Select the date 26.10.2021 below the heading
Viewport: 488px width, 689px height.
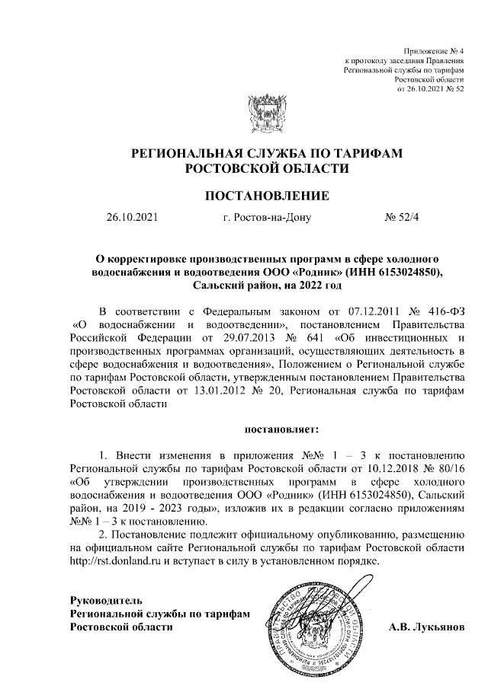click(132, 219)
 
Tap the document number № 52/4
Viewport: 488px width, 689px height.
click(403, 219)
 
